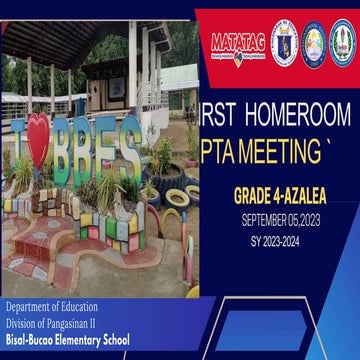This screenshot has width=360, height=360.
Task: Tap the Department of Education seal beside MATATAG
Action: pyautogui.click(x=284, y=40)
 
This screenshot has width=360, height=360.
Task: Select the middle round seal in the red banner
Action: pyautogui.click(x=314, y=41)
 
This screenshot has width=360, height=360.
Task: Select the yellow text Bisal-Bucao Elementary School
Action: pyautogui.click(x=67, y=340)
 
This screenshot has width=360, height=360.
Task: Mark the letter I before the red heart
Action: pyautogui.click(x=14, y=150)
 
